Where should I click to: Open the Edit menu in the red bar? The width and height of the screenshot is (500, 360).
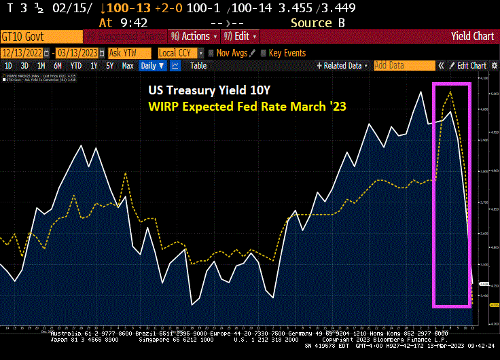click(242, 37)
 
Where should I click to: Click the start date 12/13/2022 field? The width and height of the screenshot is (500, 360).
click(25, 52)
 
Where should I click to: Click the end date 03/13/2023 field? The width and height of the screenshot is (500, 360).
click(76, 52)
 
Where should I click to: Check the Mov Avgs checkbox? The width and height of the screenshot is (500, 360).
click(211, 52)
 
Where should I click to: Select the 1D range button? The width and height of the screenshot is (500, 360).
click(9, 66)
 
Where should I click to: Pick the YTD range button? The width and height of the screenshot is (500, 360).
click(76, 66)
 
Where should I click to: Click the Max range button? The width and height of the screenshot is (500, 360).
click(127, 66)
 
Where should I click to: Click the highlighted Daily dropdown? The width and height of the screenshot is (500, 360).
click(151, 66)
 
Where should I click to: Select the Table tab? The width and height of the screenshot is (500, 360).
click(198, 66)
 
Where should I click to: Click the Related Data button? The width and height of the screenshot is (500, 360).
click(342, 66)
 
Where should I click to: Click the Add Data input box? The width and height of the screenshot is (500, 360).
click(404, 66)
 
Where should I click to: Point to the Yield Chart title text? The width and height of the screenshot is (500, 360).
click(473, 37)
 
